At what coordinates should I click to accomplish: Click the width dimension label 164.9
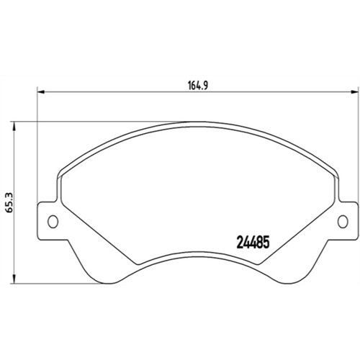tap(197, 86)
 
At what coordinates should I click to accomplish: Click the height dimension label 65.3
tap(10, 202)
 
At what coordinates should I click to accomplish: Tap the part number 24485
tap(253, 242)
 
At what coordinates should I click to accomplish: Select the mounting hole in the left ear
tap(53, 221)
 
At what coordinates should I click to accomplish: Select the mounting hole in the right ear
tap(343, 221)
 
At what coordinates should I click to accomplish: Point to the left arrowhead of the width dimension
tap(42, 92)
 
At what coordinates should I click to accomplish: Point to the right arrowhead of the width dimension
tap(354, 92)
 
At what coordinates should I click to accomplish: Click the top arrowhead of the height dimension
tap(14, 125)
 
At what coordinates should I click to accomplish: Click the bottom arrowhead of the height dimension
tap(14, 280)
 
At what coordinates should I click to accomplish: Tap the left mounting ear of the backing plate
tap(49, 221)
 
